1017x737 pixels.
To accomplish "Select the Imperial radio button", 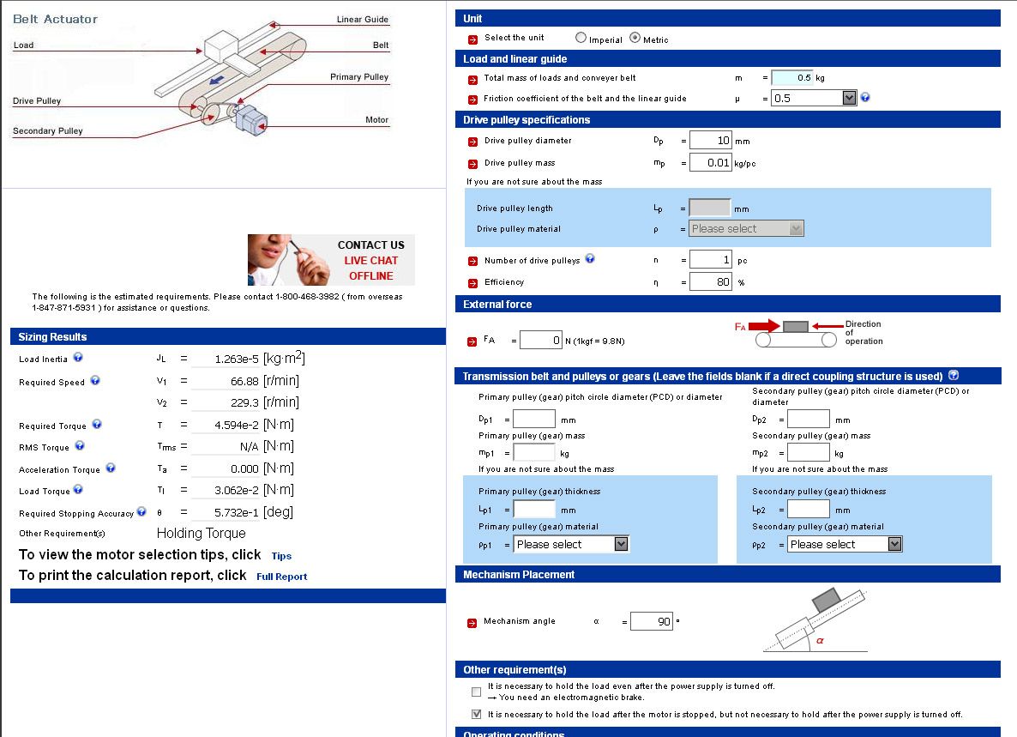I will click(581, 38).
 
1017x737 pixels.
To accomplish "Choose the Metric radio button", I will click(635, 38).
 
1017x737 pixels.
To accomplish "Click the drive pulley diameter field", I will click(710, 140).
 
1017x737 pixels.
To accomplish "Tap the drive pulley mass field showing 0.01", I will click(710, 162).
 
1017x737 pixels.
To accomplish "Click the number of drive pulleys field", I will click(710, 259).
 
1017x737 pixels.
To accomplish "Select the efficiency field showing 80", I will click(710, 281).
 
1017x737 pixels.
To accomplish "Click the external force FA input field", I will click(540, 341).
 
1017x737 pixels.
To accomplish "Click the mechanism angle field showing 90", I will click(651, 621).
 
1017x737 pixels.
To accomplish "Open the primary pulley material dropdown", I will click(572, 544).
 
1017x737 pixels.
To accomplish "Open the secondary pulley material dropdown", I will click(845, 544).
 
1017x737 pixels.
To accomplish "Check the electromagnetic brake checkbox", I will click(476, 692).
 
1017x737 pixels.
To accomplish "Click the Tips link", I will click(281, 556).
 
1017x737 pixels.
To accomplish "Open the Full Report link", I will click(281, 577).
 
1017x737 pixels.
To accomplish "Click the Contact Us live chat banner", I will click(331, 260).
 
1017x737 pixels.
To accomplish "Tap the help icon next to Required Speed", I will click(95, 381).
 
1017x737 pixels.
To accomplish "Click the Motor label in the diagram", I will click(376, 120).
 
